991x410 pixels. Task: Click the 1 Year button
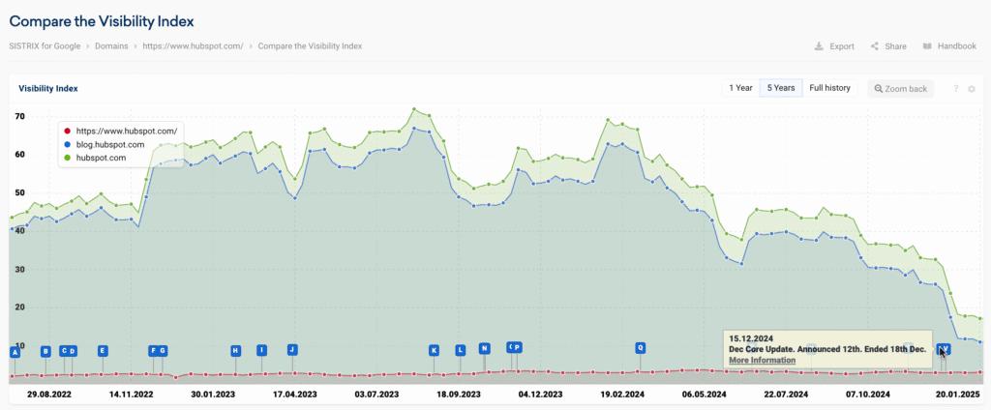740,88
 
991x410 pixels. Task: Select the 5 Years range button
781,88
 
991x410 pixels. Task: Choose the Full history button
829,88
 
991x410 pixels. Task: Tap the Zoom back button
901,89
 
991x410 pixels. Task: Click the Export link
834,46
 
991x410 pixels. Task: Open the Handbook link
949,46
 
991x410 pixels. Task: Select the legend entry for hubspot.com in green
104,157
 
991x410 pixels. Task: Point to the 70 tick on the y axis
19,116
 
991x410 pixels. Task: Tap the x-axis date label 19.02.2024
623,395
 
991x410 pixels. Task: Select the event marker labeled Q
640,347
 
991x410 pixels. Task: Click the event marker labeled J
291,348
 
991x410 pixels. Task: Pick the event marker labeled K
435,350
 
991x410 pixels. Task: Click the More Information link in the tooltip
762,360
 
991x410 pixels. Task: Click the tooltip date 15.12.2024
751,337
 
